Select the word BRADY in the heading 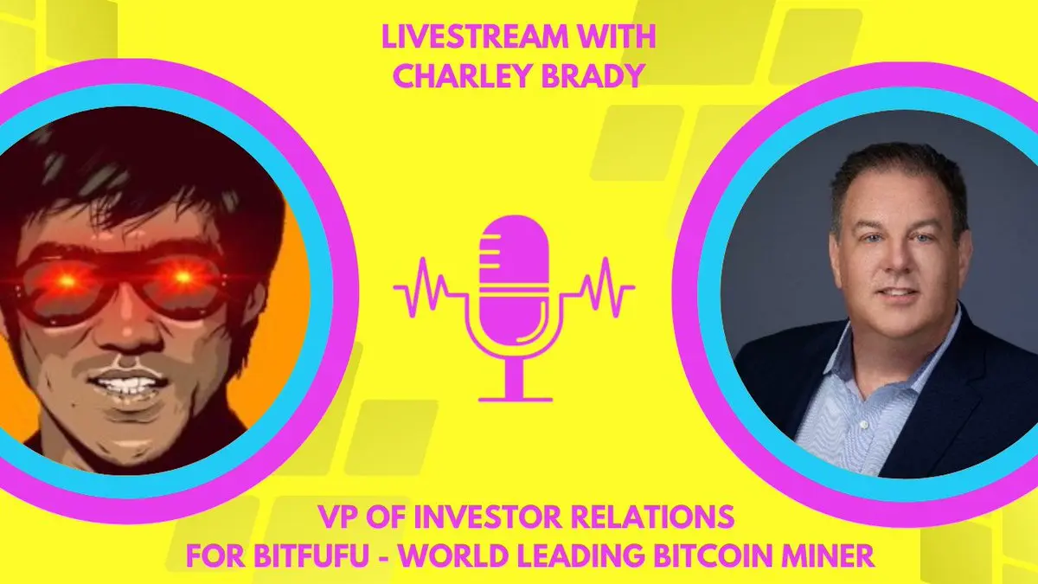coord(593,74)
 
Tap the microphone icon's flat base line coord(515,399)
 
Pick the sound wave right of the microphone coord(600,287)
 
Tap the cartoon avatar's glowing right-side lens coord(185,278)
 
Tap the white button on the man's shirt coord(862,424)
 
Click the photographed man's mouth coord(898,294)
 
